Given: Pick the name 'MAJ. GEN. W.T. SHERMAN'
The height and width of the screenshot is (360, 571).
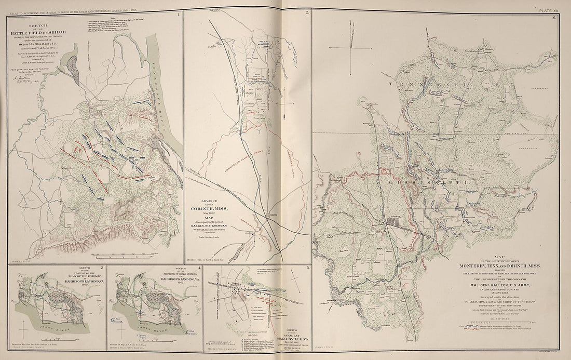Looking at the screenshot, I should tap(210, 224).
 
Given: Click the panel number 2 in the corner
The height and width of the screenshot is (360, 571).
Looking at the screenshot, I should tap(307, 12).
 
